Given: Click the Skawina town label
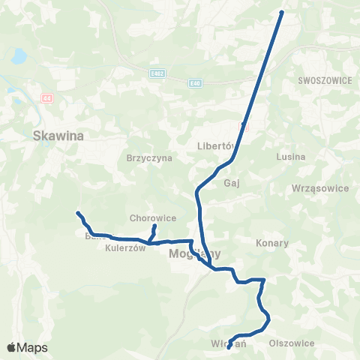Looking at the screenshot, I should click(59, 136).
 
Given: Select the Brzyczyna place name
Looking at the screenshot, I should click(149, 158).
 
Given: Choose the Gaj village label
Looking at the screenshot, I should click(230, 182).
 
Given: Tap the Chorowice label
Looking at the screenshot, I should click(153, 218).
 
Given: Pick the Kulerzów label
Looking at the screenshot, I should click(124, 248).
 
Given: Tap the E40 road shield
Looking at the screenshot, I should click(195, 82).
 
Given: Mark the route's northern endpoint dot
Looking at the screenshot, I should click(281, 12).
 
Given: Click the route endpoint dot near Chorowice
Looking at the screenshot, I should click(154, 226).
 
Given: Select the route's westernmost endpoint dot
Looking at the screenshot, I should click(78, 214).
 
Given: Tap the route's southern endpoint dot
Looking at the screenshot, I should click(229, 346).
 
